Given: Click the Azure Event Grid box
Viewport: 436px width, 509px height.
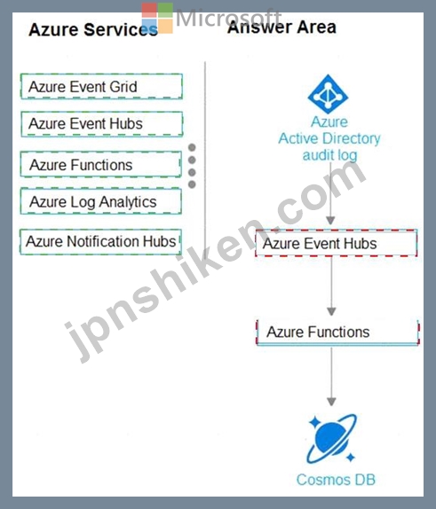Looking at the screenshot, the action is coord(101,86).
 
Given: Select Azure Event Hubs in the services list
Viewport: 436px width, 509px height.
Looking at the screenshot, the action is coord(102,124).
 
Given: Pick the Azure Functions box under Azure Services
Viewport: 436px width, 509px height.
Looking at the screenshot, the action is coord(101,164).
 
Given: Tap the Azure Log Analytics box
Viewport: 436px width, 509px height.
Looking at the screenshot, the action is coord(101,201).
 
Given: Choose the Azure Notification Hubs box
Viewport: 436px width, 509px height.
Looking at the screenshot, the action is coord(100,242).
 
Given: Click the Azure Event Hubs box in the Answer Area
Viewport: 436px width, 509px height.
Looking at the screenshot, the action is coord(337,243).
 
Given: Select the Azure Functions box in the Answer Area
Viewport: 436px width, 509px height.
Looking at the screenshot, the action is coord(337,333).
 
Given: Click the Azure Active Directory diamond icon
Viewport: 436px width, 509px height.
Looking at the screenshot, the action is coord(328,94).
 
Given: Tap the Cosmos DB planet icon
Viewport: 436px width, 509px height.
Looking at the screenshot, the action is coord(331,439).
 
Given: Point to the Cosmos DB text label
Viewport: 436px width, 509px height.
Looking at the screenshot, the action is coord(336,480).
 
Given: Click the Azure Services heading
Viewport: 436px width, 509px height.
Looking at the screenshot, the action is coord(93,29).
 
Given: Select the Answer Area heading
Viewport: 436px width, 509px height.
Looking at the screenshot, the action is coord(281,27).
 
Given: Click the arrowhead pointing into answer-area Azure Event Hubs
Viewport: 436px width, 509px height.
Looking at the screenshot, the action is coord(330,221).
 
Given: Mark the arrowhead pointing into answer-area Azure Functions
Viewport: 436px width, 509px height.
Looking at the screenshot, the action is coord(331,311).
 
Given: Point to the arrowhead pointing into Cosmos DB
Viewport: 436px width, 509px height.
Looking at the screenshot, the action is coord(331,402).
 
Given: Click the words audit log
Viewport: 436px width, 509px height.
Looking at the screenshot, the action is coord(329,155).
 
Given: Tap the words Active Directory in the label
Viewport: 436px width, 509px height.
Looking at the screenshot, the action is coord(329,138).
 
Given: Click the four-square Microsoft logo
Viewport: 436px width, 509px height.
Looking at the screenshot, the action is coord(157,18).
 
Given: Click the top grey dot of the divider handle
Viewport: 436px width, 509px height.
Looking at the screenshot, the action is coord(192,147).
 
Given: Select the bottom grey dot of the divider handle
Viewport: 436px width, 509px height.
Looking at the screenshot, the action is coord(192,184).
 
